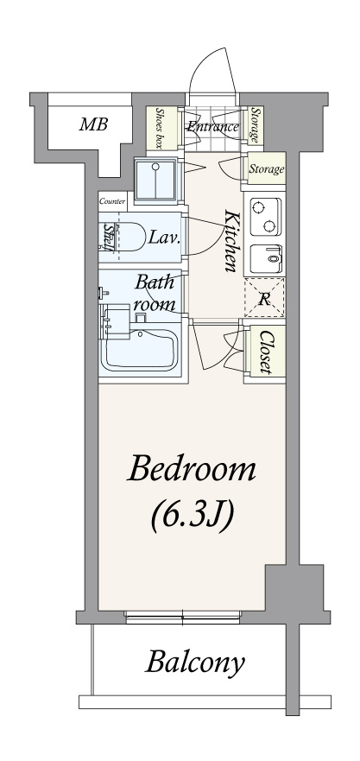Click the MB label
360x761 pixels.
[93, 124]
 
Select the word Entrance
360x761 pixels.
[213, 127]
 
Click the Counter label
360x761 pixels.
[112, 201]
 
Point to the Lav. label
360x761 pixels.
[165, 238]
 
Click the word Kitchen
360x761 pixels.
[231, 240]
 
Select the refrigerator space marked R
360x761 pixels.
[264, 298]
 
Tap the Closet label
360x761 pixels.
[265, 352]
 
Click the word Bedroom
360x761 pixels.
[191, 470]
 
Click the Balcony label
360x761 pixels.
[195, 662]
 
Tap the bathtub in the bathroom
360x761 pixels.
[141, 350]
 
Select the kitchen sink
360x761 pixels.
[265, 259]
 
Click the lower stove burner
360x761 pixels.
[268, 225]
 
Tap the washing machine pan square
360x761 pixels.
[155, 181]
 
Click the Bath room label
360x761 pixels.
[155, 293]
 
